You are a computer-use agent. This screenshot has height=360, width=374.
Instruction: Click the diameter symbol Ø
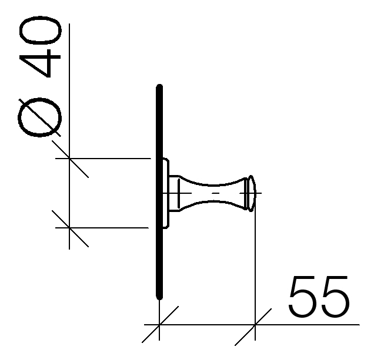click(39, 117)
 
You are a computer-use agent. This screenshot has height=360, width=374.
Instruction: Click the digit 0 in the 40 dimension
click(40, 31)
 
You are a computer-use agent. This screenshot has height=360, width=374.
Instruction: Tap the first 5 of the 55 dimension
click(303, 297)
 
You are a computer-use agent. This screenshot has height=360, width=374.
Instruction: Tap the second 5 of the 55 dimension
click(335, 297)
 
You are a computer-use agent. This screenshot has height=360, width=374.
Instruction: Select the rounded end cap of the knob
click(251, 193)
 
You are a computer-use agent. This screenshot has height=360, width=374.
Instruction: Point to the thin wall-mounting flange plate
click(166, 193)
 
